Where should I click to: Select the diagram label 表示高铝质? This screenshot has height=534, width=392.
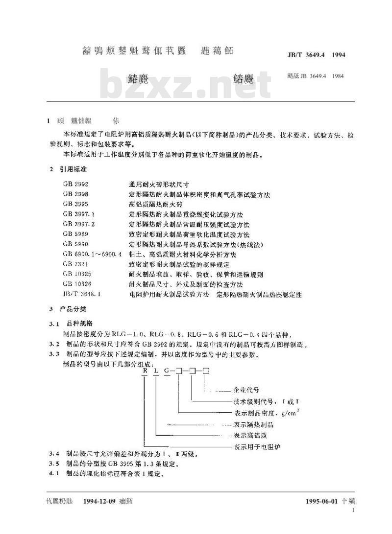tap(250, 435)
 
